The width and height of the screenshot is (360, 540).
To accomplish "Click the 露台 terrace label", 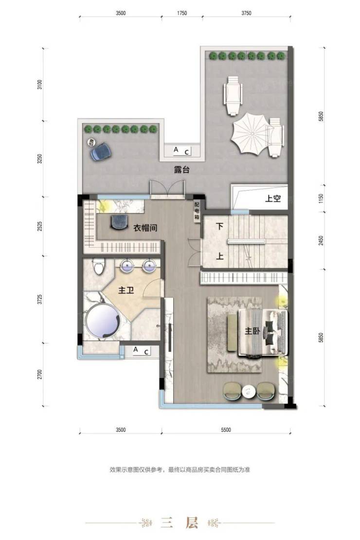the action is click(x=181, y=170).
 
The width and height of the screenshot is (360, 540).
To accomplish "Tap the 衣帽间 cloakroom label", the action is click(x=145, y=228).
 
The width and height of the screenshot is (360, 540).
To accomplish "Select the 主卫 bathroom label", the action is click(x=126, y=290).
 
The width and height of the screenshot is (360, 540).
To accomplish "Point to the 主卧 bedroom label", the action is click(x=252, y=331).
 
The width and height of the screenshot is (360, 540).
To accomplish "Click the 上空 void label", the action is click(x=273, y=198).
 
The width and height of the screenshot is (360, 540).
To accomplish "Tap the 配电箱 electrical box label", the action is click(x=197, y=211).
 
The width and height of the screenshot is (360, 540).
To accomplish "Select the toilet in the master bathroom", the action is click(x=99, y=266).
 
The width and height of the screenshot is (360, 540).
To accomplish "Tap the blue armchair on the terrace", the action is click(x=101, y=152).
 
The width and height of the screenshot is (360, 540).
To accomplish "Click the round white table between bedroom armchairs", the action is click(x=249, y=392).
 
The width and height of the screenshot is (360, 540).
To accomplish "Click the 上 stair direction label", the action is click(x=220, y=256).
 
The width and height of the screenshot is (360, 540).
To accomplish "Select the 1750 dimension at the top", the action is click(x=182, y=13).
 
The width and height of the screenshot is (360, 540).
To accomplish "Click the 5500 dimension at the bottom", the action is click(x=226, y=430).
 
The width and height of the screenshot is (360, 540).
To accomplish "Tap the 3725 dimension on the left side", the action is click(x=40, y=299).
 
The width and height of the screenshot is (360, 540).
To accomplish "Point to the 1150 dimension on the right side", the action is click(x=321, y=198).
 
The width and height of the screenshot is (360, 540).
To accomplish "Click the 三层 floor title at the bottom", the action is click(x=180, y=523).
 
